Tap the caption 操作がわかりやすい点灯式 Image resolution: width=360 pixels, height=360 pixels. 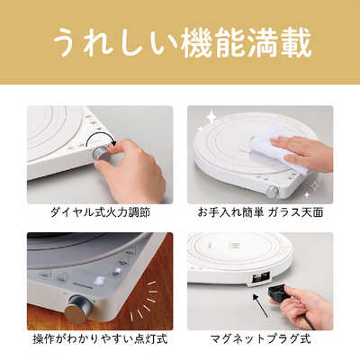coord(99,341)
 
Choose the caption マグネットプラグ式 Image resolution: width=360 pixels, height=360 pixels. coord(260,341)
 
